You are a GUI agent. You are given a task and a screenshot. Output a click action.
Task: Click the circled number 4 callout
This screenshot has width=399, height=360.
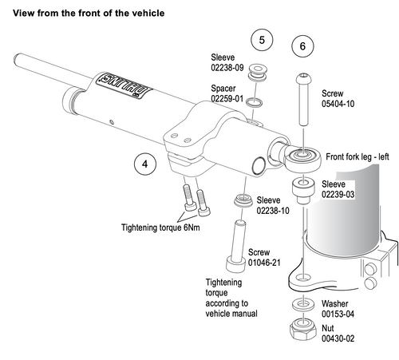145,164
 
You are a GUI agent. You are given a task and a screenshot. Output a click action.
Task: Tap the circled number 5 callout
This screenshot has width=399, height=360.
262,40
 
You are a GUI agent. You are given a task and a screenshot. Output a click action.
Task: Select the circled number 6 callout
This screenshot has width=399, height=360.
302,46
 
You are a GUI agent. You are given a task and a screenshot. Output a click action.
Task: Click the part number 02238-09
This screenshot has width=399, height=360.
227,68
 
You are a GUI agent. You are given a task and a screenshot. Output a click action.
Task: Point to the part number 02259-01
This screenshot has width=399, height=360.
227,99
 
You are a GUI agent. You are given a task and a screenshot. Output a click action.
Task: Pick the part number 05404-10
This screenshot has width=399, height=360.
338,104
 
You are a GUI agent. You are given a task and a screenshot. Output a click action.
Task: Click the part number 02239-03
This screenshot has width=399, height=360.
338,195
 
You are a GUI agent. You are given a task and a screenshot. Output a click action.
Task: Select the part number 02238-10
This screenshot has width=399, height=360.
273,211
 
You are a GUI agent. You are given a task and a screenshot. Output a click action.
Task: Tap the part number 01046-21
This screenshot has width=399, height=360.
264,263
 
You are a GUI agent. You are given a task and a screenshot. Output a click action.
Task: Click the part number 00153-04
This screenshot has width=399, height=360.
338,315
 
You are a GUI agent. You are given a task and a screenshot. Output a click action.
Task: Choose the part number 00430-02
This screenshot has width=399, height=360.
338,338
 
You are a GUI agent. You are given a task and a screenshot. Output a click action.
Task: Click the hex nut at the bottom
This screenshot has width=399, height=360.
303,329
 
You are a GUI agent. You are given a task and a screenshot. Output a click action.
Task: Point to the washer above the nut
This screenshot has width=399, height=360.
303,304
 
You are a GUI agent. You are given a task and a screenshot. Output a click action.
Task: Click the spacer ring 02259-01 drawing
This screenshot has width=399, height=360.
254,102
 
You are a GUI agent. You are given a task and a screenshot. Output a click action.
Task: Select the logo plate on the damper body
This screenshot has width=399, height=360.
124,85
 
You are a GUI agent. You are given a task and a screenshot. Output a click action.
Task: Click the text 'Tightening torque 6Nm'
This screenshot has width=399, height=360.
160,227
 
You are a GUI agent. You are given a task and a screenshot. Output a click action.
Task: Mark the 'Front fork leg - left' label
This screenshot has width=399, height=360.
358,156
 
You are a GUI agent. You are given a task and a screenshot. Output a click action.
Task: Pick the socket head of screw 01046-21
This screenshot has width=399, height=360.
235,264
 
